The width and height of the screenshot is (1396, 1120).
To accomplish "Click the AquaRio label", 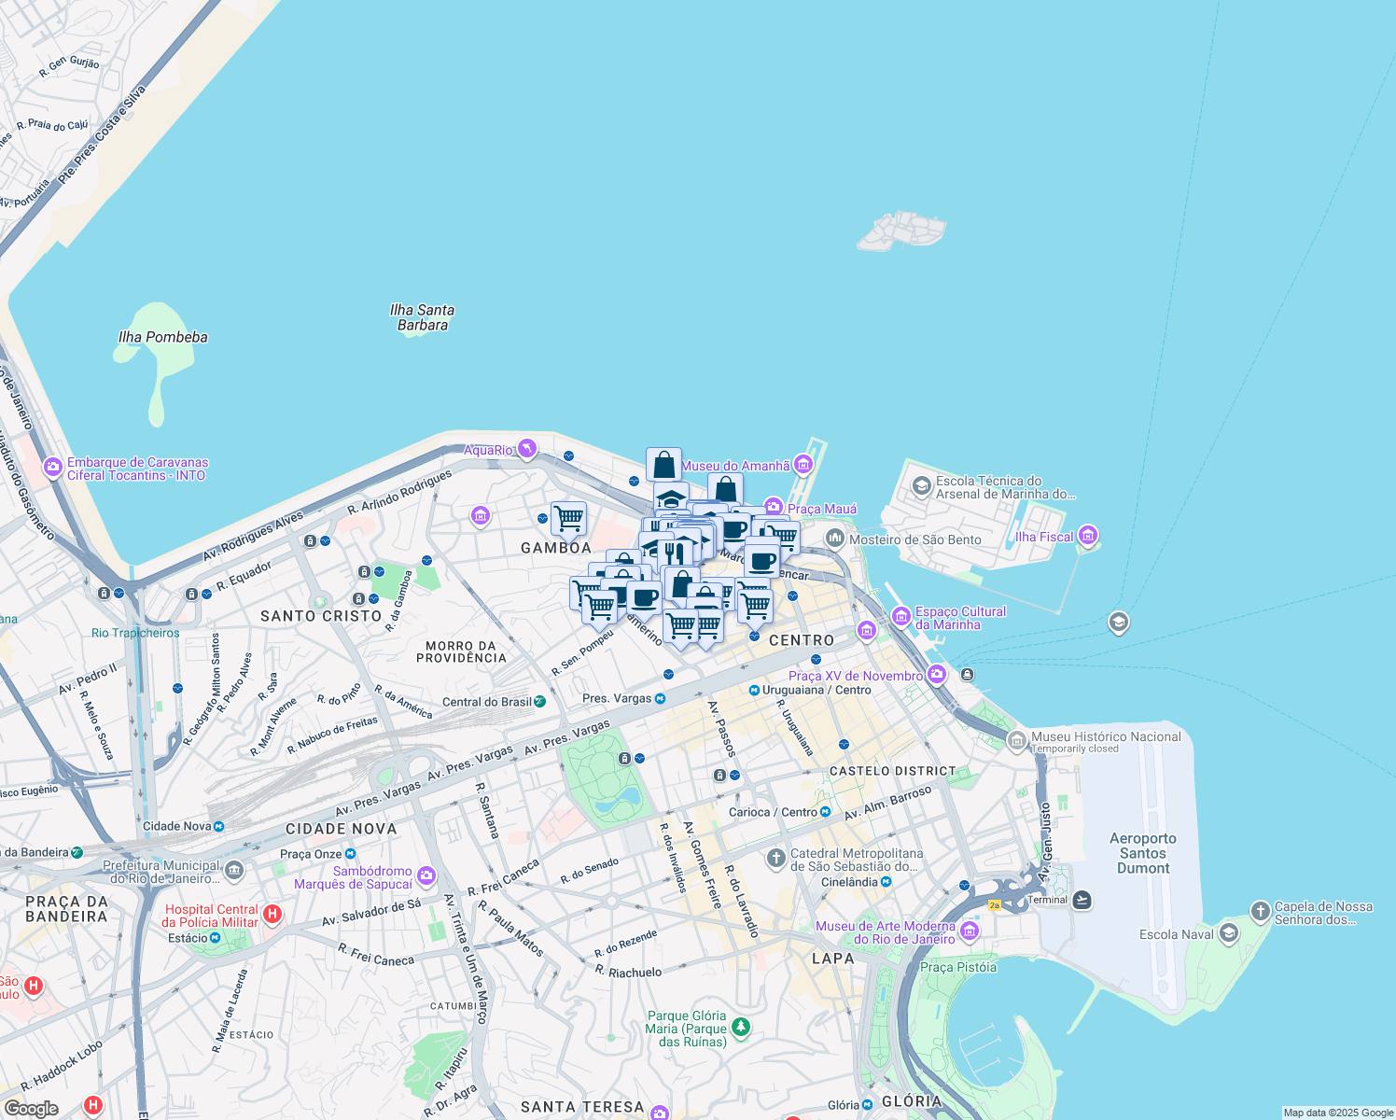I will pos(489,450).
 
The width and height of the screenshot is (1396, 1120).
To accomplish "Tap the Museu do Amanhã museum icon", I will pos(803,465).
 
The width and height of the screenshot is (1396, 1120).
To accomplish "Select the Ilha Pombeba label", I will pos(163,337).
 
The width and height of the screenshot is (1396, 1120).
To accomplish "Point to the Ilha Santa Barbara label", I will pos(422,317).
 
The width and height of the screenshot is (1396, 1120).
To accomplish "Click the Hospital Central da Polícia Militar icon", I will pos(272,914).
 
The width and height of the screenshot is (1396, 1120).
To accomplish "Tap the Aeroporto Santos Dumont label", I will pos(1143,853).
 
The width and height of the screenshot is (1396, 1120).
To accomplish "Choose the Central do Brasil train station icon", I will pos(539,701).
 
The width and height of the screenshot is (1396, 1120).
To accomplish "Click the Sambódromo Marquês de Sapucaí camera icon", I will pos(426,875).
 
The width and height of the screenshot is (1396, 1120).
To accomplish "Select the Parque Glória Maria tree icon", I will pos(741,1028).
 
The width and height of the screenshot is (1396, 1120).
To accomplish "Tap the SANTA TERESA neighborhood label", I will pos(582,1107).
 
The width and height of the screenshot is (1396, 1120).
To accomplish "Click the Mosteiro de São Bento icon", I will pos(835,539).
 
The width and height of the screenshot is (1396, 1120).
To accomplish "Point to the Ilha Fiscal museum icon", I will pos(1087,536).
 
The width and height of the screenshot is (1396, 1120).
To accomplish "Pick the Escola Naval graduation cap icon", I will pos(1229,933).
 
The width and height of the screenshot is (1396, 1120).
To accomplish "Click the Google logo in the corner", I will pos(31,1108).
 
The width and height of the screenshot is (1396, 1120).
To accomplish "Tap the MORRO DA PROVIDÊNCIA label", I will pos(461,651).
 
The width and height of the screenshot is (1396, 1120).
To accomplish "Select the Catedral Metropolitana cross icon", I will pos(775,857).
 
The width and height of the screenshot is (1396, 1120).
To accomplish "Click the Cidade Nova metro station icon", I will pos(218,826).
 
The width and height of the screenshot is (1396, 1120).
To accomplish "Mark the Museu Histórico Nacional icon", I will pos(1017,740).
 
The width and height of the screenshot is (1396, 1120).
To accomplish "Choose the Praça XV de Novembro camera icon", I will pos(936,675).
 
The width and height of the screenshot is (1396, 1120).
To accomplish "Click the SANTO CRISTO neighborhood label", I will pos(321,616).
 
